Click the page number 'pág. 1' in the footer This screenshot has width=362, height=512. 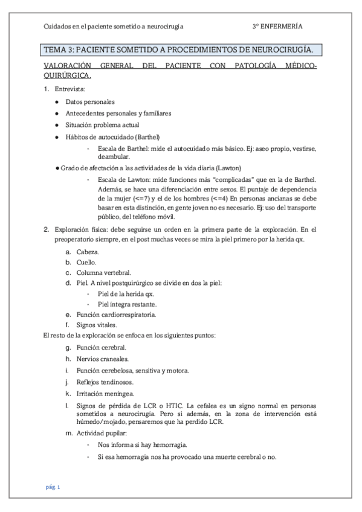53,487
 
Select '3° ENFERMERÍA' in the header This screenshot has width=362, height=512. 278,27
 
